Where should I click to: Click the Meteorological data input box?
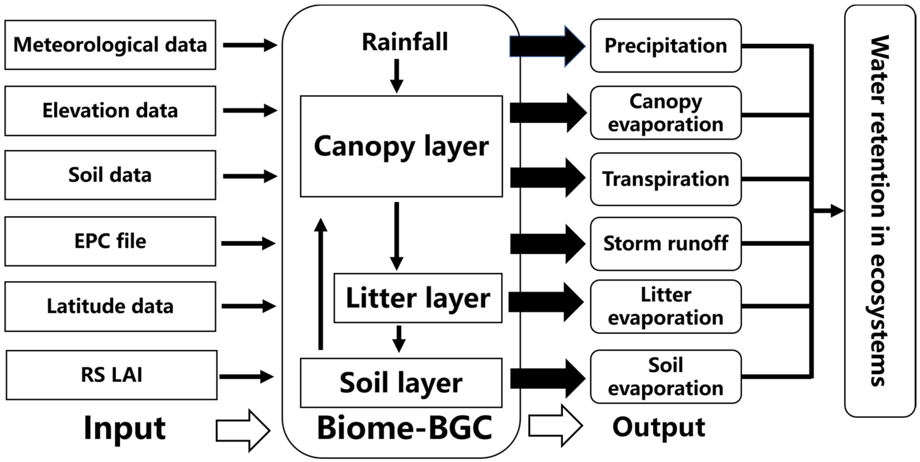point(110,45)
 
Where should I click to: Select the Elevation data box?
point(110,110)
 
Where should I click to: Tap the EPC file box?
point(110,241)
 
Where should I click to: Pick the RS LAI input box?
point(111,375)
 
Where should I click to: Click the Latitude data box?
point(110,306)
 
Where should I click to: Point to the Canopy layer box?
point(401,146)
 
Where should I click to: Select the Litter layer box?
point(418,298)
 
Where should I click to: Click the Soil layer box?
point(401,383)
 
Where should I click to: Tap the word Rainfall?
point(404,42)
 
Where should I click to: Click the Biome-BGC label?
point(404,428)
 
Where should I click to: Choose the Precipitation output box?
point(665,46)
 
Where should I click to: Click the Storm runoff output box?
point(665,243)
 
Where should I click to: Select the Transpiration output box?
point(665,179)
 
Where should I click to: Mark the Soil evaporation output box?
point(665,377)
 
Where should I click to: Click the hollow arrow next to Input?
point(243,430)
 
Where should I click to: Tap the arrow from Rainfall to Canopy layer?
point(396,76)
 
